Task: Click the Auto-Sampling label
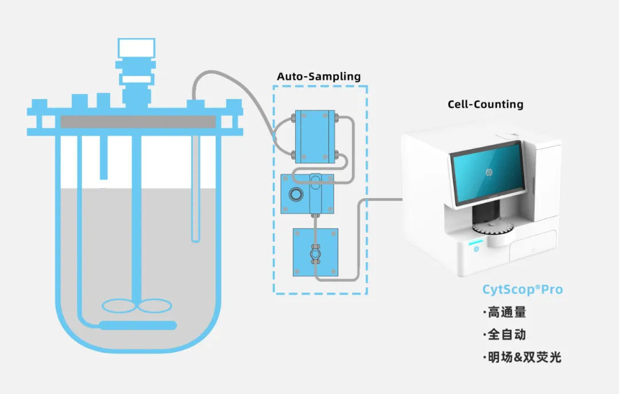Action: coord(319,76)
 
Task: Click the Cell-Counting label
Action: coord(485,104)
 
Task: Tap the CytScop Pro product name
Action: coord(522,290)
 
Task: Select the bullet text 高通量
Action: coord(504,313)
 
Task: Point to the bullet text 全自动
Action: coord(504,334)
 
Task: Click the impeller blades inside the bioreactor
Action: coord(136,306)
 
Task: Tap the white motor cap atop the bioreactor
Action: coord(136,48)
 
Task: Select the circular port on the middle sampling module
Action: coord(297,194)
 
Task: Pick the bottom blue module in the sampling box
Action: coord(315,252)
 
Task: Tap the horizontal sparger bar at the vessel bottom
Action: coord(138,325)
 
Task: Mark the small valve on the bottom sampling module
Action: coord(315,253)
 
